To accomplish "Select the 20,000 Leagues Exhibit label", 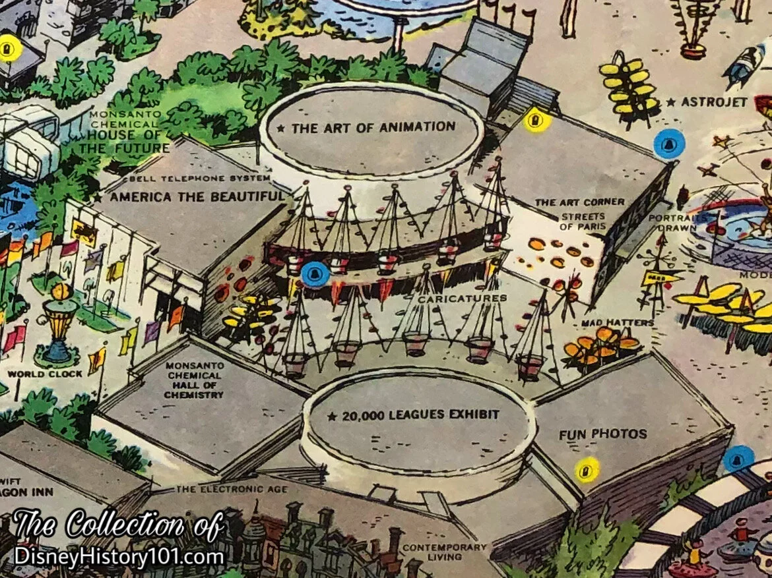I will (414, 415).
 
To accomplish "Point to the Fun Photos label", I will (602, 434).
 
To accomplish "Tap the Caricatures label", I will (463, 299).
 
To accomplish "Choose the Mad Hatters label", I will (618, 323).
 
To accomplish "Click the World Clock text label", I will (45, 374).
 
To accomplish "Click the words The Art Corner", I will (570, 202).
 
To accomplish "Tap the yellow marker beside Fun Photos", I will (585, 470).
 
